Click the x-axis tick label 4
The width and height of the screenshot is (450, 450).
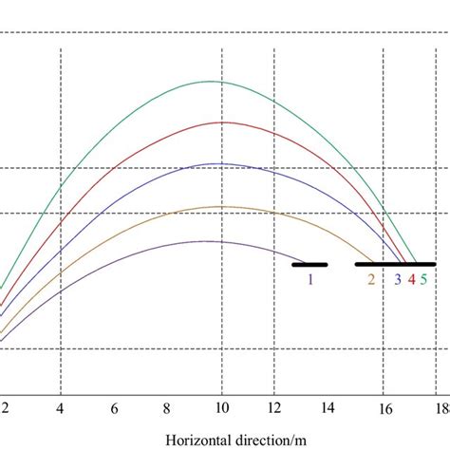point(60,409)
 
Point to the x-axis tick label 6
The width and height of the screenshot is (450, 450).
point(114,409)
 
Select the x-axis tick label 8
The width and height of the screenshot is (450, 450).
point(168,409)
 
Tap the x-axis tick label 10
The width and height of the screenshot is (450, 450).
point(221,409)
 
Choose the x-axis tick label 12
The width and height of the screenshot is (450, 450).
point(274,409)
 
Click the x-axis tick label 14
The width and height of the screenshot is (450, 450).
point(328,409)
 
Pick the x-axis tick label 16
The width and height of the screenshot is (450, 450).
point(385,409)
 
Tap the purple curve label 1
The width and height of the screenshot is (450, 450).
point(309,279)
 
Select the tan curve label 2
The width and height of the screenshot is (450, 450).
point(371,279)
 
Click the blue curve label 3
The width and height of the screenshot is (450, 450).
point(398,279)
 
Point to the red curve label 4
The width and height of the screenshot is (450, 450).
point(411,279)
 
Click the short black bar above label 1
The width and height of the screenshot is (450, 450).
point(309,265)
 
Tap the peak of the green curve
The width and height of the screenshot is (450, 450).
point(213,82)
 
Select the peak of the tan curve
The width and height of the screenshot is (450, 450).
point(220,206)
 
